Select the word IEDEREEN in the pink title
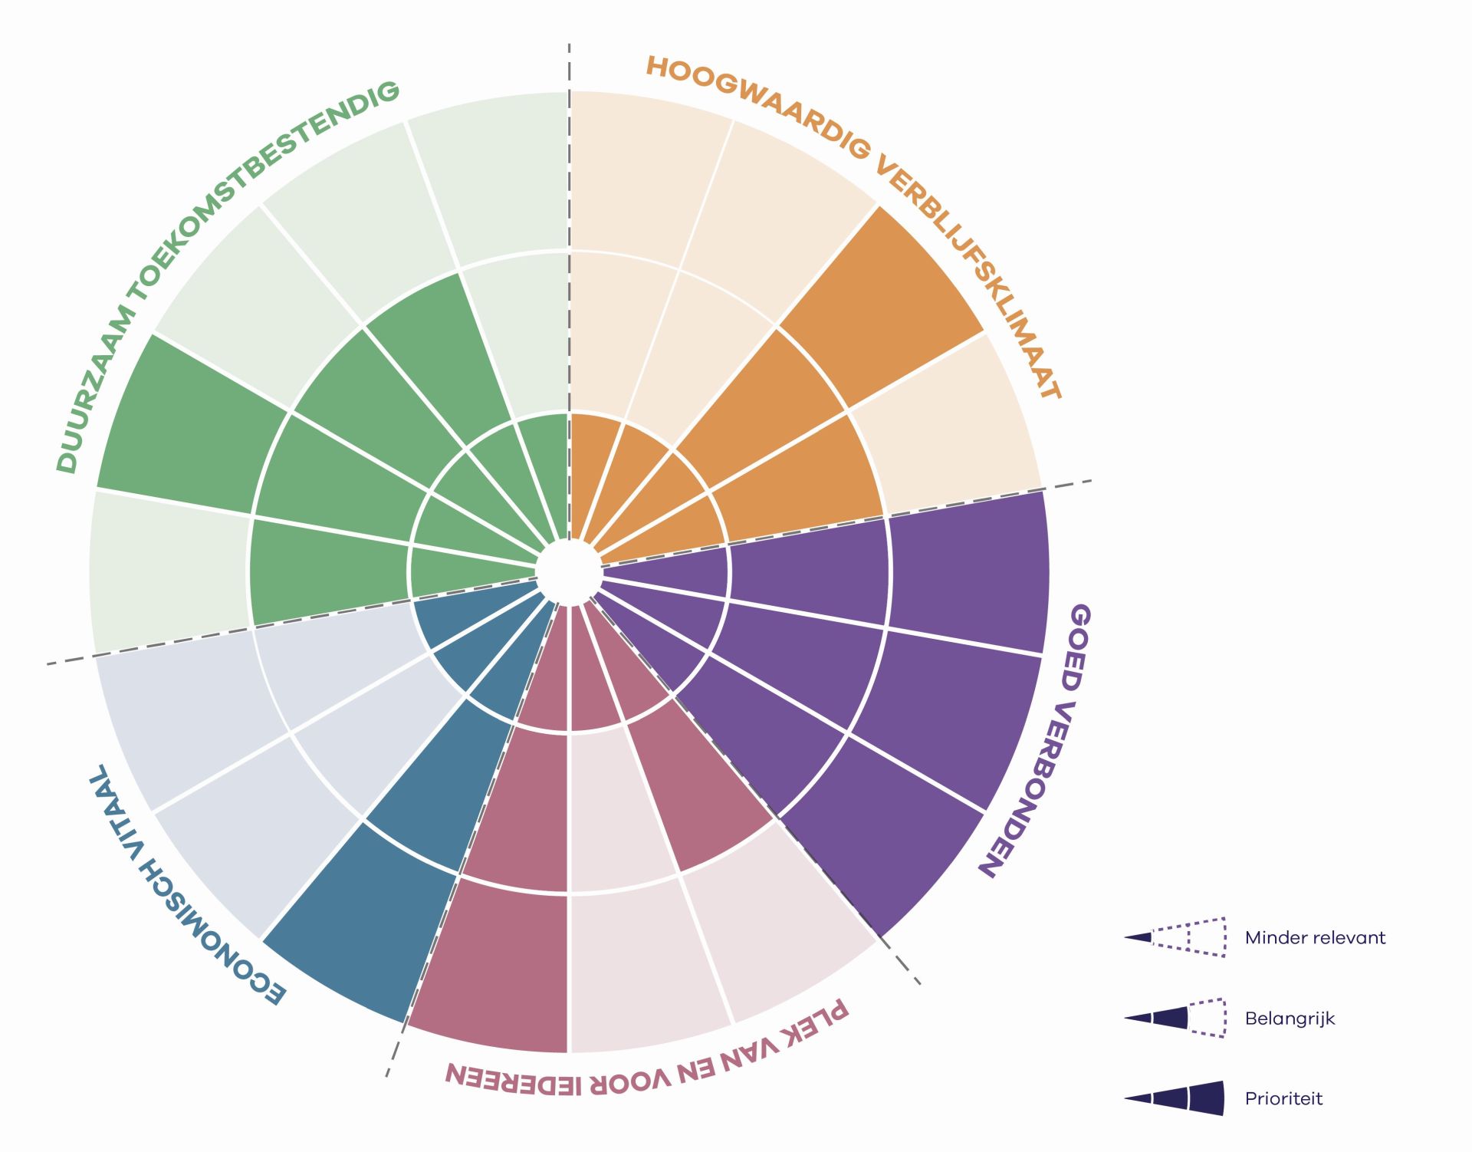tap(513, 1077)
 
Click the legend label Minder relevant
tap(1315, 938)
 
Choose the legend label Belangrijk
tap(1290, 1019)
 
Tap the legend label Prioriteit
tap(1283, 1099)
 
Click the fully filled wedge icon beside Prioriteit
tap(1175, 1098)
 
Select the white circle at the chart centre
tap(568, 571)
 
